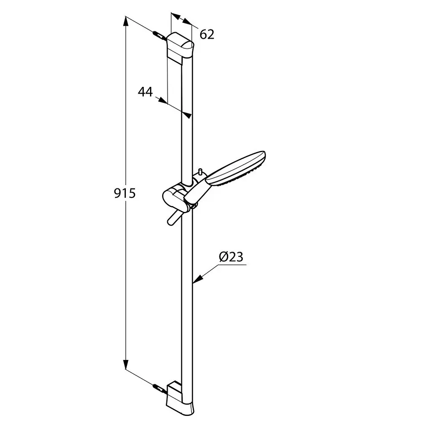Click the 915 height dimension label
(125, 193)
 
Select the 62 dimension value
(207, 34)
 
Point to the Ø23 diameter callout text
(231, 257)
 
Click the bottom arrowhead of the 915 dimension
(125, 364)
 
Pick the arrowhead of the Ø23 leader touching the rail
(197, 279)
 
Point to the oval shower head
(236, 168)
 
